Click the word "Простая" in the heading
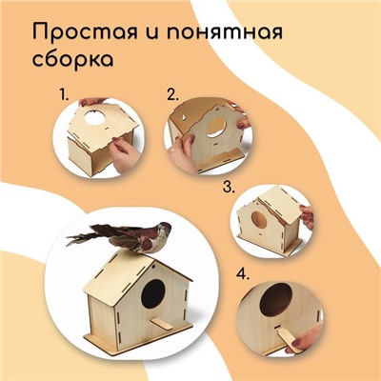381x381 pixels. pyautogui.click(x=84, y=32)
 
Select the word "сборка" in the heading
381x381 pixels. pyautogui.click(x=72, y=58)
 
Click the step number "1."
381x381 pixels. pyautogui.click(x=64, y=95)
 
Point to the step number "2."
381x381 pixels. pyautogui.click(x=173, y=95)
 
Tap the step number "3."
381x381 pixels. pyautogui.click(x=229, y=187)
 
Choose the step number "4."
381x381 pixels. pyautogui.click(x=243, y=274)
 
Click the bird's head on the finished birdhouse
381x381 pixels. pyautogui.click(x=163, y=229)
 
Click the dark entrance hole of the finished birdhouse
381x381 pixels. pyautogui.click(x=153, y=293)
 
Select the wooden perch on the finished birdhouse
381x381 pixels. pyautogui.click(x=162, y=324)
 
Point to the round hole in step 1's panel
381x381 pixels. pyautogui.click(x=94, y=117)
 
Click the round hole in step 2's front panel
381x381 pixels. pyautogui.click(x=216, y=127)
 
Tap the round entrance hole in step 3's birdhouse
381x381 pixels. pyautogui.click(x=259, y=220)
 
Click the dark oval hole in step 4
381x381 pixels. pyautogui.click(x=276, y=300)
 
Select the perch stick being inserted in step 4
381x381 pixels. pyautogui.click(x=288, y=340)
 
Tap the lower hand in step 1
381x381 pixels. pyautogui.click(x=126, y=155)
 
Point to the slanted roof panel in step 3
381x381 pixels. pyautogui.click(x=279, y=204)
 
